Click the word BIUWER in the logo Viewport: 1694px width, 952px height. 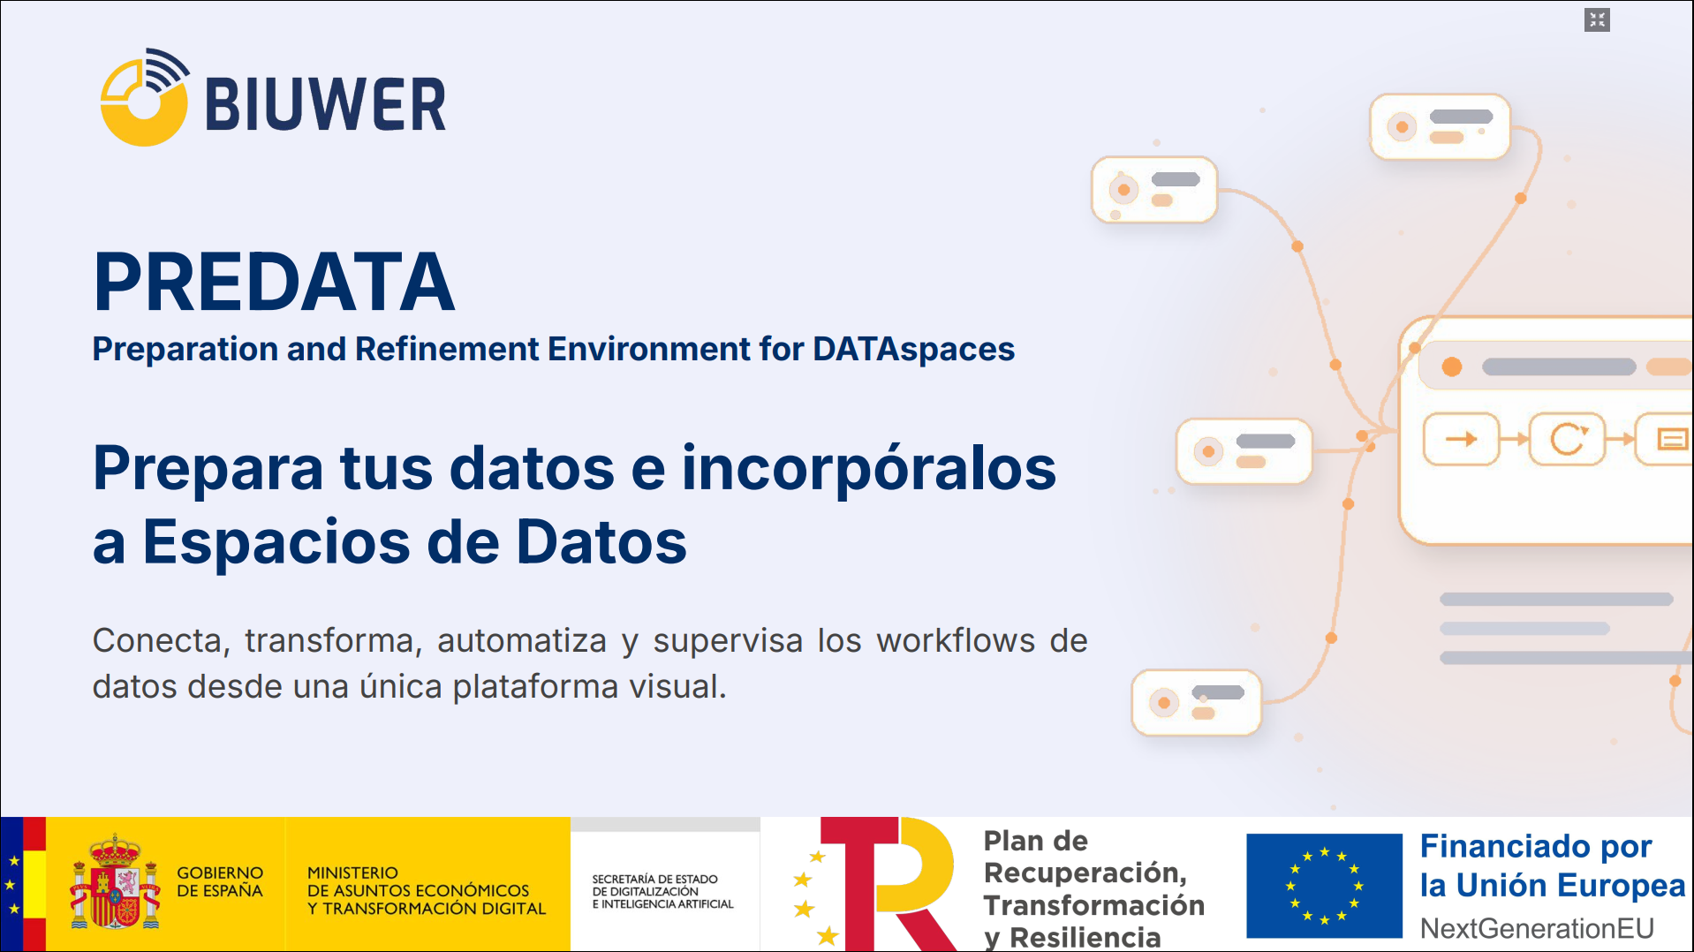(x=326, y=105)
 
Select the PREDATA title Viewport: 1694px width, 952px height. (x=274, y=282)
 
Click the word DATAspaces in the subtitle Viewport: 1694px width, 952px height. (x=913, y=350)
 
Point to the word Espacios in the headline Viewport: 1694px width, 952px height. (x=275, y=541)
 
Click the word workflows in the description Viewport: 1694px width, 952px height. (x=956, y=640)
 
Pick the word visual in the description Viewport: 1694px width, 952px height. (x=677, y=686)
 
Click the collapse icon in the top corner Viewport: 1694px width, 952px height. (x=1597, y=19)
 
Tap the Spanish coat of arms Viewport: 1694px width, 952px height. (x=116, y=882)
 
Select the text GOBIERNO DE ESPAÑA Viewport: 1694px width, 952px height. (x=220, y=882)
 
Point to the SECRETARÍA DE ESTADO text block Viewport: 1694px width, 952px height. (x=662, y=892)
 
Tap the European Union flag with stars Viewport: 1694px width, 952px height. (x=1324, y=886)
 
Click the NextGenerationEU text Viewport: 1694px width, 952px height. (x=1537, y=929)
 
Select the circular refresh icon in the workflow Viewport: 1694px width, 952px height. (x=1568, y=439)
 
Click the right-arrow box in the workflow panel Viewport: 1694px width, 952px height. (x=1462, y=439)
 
